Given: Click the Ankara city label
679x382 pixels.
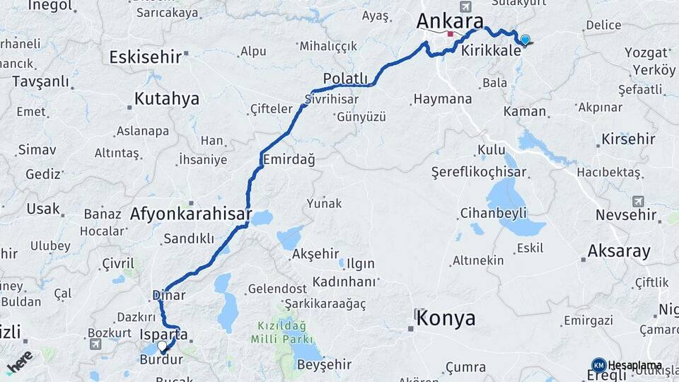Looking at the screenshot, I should click(449, 21).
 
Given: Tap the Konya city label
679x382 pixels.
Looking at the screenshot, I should click(446, 318).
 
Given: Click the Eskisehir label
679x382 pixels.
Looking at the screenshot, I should click(146, 57).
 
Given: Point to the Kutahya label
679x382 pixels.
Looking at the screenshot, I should click(167, 98).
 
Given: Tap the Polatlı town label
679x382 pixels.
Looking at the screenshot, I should click(346, 78).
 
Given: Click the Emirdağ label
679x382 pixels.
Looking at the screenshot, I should click(289, 160).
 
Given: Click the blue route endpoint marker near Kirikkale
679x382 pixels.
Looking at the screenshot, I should click(525, 40).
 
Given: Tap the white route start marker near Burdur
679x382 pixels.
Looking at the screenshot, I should click(162, 346).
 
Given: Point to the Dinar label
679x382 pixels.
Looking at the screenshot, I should click(168, 295).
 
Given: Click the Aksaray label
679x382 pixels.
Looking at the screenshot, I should click(619, 250).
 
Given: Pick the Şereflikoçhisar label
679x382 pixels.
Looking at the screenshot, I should click(479, 172).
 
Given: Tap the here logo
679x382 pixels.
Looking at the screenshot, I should click(19, 361).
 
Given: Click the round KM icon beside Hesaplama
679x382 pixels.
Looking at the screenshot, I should click(598, 366).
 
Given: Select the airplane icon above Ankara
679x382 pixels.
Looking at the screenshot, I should click(465, 6).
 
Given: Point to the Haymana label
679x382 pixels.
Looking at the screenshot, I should click(442, 99).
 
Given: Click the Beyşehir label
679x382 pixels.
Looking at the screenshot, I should click(324, 364).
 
